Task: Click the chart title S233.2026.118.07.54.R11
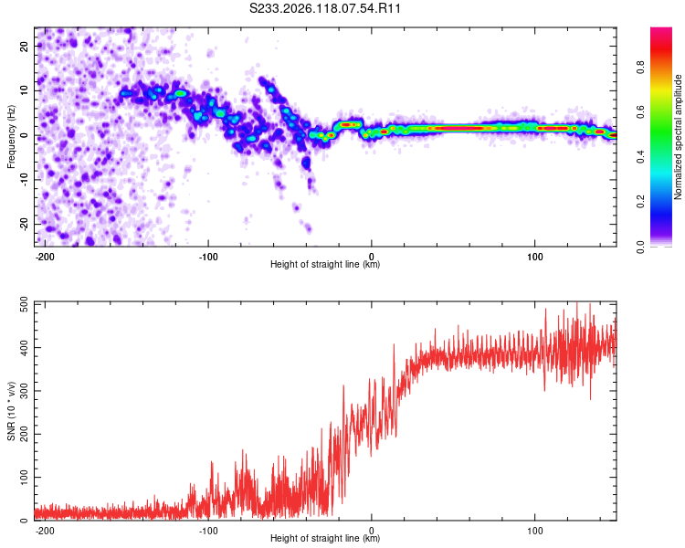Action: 324,8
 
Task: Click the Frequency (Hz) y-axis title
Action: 11,137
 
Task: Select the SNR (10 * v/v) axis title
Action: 11,411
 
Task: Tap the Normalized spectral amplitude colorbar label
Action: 678,137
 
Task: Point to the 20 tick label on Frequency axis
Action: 25,46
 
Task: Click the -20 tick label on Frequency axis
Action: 25,224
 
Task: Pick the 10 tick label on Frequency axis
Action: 25,90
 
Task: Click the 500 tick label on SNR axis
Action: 25,304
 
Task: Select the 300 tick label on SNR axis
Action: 25,391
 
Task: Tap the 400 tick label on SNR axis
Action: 25,348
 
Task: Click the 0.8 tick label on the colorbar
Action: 640,68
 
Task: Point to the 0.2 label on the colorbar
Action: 640,202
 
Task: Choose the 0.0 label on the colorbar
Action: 640,247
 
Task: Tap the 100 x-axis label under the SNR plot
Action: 534,531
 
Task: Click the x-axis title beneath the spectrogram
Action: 325,264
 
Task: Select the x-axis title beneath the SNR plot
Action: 325,538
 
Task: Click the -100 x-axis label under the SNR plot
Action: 208,531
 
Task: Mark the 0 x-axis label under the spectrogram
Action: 372,257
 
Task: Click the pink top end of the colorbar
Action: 661,30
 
